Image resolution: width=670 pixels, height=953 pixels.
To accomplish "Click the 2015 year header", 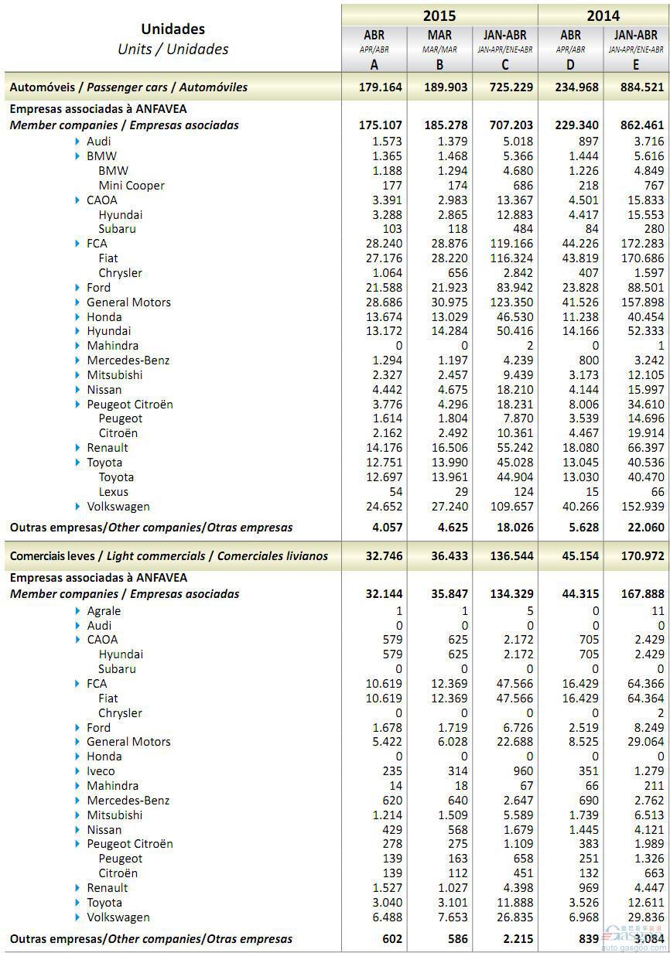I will click(439, 15).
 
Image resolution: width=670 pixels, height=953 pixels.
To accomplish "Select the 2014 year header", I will click(603, 15).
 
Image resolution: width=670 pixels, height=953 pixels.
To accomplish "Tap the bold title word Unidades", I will click(173, 29).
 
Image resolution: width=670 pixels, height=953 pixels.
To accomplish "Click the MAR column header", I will click(439, 36).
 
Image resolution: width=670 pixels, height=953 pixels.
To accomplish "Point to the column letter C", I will click(505, 65).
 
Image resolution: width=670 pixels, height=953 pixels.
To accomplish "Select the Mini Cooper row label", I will click(131, 186).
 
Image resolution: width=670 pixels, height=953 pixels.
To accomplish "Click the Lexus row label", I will click(113, 492).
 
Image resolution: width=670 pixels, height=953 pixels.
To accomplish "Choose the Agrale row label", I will click(104, 610).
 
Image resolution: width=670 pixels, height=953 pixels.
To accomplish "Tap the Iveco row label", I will click(101, 770).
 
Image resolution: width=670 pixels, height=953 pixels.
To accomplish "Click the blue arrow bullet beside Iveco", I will click(78, 770).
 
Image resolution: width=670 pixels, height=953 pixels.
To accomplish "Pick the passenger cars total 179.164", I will click(381, 87).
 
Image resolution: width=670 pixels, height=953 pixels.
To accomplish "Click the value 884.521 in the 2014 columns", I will click(638, 87).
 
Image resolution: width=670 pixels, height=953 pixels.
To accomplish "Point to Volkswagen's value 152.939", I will click(638, 507).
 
